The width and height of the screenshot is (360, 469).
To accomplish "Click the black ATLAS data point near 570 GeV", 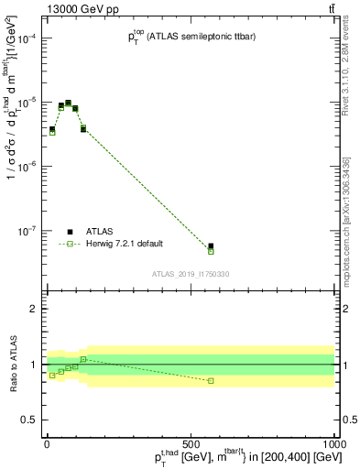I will coord(211,246).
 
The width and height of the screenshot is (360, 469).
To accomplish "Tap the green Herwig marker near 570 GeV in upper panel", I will coord(211,251).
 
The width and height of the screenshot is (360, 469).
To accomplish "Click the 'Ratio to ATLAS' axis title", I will coord(11,365).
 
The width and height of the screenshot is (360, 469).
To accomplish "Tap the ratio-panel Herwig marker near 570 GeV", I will coord(211,380).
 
